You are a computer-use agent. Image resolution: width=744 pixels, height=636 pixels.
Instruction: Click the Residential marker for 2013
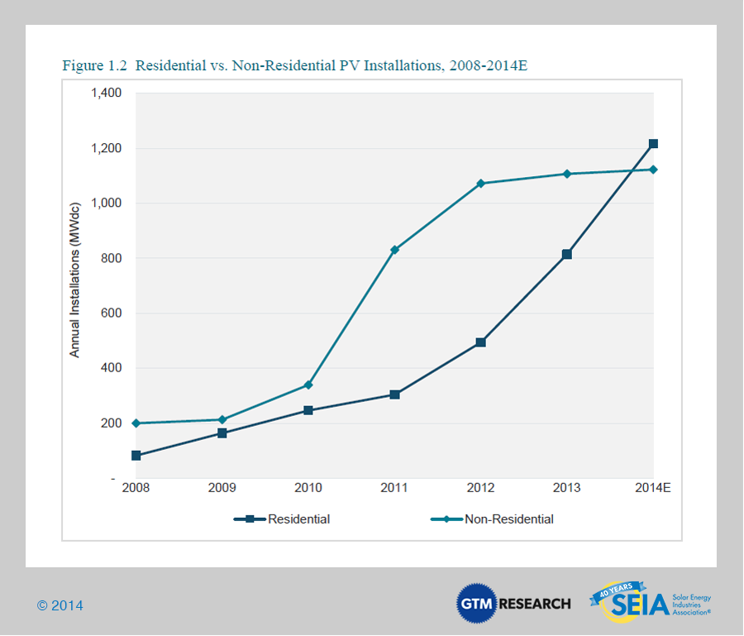point(567,254)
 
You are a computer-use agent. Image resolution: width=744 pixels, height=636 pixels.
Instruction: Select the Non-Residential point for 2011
point(395,250)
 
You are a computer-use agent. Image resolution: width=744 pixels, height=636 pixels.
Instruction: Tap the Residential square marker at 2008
point(136,456)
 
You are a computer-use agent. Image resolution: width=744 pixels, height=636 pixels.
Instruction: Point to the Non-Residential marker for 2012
point(481,183)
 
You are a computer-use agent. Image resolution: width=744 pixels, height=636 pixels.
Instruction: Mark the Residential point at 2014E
point(653,144)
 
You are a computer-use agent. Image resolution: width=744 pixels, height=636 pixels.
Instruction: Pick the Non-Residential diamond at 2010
point(308,385)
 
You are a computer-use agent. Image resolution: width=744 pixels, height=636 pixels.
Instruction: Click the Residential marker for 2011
point(395,395)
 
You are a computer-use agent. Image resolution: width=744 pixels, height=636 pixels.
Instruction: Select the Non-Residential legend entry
point(493,519)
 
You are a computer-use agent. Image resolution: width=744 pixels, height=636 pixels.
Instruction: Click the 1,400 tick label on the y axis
point(105,93)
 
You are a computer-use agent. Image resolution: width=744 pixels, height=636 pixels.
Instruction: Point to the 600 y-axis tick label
point(111,313)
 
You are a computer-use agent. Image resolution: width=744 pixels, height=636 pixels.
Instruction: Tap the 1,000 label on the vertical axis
point(105,203)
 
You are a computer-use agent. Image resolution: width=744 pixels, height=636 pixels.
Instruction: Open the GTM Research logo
point(513,603)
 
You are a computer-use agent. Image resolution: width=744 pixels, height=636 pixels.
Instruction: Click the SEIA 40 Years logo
point(650,602)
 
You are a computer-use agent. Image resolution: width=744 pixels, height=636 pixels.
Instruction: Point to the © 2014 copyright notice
point(60,605)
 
